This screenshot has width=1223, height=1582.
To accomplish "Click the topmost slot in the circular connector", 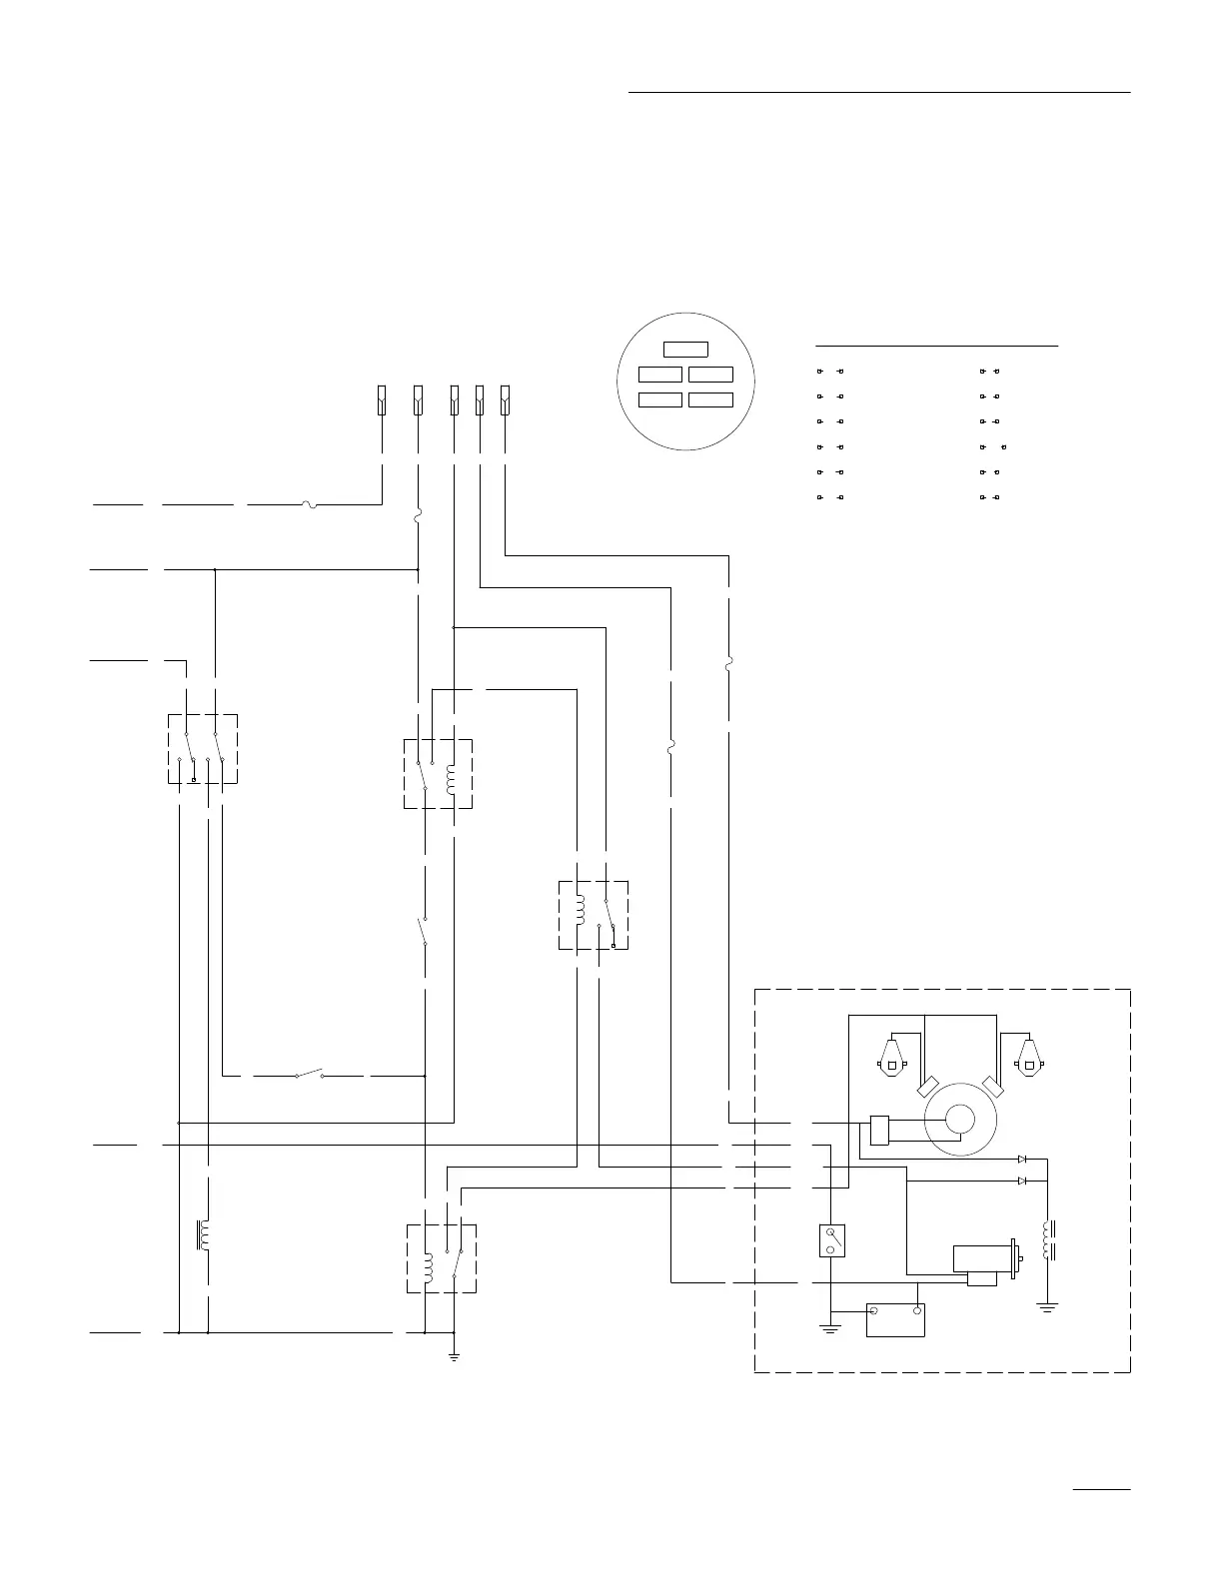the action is coord(686,350).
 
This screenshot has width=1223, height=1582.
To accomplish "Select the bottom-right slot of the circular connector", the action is coord(710,399).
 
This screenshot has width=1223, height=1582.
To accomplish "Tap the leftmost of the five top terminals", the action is coord(382,399).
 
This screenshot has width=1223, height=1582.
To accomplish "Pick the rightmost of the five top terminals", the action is coord(505,399).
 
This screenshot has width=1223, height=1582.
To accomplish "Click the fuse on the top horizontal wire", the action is coord(311,504).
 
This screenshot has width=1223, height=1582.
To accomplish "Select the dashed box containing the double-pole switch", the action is coord(203,748).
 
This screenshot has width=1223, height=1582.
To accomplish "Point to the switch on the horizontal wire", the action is coord(310,1076).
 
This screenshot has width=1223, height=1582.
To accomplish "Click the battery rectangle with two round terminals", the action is coord(895,1319).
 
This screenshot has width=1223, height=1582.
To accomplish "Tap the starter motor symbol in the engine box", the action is coord(985,1258).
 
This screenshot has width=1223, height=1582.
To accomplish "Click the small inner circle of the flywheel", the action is coord(960,1120).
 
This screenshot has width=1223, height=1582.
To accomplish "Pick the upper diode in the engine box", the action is coord(1022,1160).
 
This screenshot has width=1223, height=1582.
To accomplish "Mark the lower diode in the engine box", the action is coord(1022,1181).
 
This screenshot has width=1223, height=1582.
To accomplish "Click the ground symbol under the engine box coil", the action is coord(1047,1305).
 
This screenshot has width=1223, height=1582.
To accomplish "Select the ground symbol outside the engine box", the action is coord(454,1356).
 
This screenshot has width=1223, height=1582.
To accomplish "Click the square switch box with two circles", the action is coord(831,1240).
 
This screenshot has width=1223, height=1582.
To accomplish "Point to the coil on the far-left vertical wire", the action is coord(204,1235).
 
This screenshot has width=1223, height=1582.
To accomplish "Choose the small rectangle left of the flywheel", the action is coord(880,1130).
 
